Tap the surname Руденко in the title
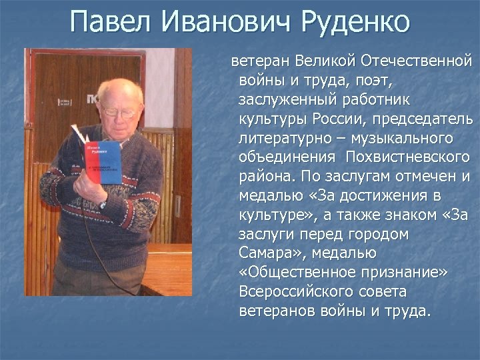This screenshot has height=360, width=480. click(353, 24)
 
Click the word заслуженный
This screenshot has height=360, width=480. click(288, 100)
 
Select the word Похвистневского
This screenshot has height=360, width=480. click(408, 158)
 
